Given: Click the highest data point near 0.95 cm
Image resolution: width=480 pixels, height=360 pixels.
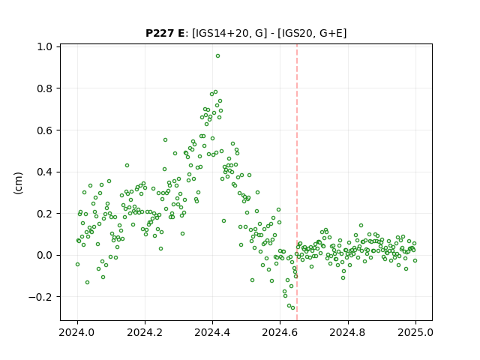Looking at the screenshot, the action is [217, 56].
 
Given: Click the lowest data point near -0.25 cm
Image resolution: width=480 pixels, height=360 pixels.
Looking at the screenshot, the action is [293, 308].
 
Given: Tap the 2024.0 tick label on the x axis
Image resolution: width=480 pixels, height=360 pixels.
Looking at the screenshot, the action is [77, 332].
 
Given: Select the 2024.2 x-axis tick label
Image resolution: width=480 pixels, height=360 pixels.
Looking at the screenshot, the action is [145, 332].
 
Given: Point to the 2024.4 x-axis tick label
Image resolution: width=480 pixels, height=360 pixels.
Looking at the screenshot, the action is [212, 332].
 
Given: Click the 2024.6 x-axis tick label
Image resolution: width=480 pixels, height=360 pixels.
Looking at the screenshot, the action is [280, 332].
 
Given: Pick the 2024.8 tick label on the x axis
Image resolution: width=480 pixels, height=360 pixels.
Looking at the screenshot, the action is [347, 332].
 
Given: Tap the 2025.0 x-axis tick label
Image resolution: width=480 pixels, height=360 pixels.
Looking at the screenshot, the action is [415, 332].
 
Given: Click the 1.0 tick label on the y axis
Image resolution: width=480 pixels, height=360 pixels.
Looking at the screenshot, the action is [45, 46].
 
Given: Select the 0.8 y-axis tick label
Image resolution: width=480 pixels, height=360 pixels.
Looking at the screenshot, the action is [45, 88].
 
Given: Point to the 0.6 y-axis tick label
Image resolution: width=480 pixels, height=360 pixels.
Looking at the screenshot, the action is [45, 130].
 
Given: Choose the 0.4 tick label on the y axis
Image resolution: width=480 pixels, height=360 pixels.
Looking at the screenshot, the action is [45, 172].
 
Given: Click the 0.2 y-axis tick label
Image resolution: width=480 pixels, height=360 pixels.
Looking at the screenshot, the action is [45, 214].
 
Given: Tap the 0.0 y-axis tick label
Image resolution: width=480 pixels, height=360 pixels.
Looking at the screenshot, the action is [45, 255].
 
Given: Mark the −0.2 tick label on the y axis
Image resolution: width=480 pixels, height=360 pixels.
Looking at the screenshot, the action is [40, 297].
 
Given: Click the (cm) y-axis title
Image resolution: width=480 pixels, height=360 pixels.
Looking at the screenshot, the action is [18, 183].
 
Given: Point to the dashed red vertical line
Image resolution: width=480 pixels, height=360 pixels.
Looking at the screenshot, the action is [297, 182].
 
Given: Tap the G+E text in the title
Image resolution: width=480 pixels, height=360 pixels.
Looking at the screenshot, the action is [331, 33].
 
